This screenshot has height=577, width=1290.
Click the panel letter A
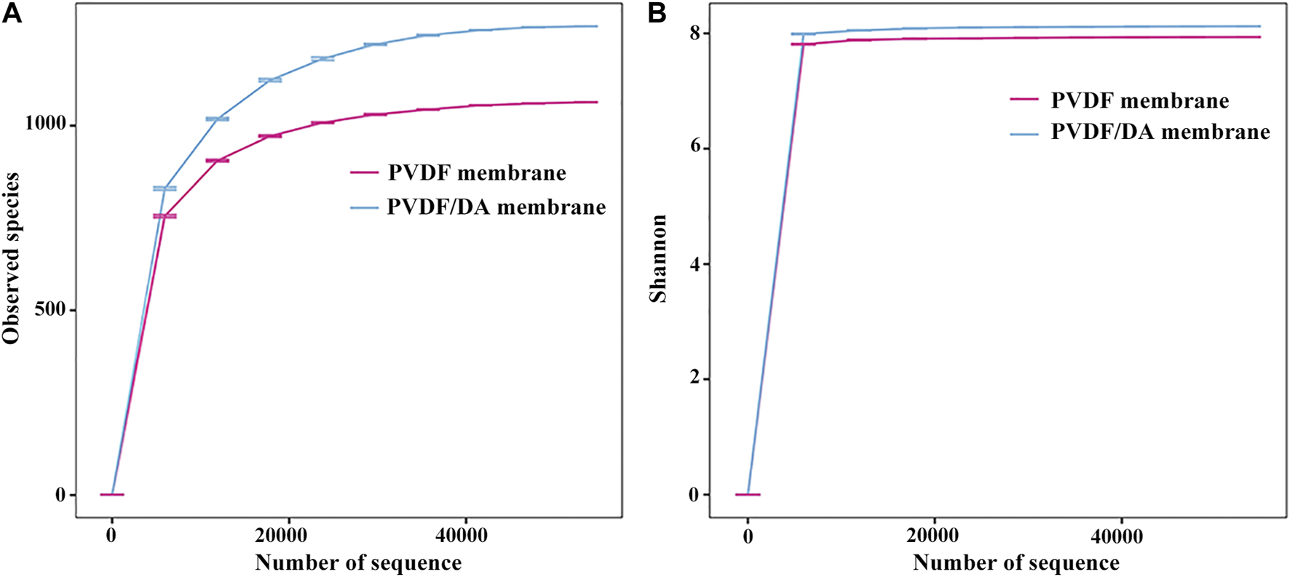pyautogui.click(x=12, y=13)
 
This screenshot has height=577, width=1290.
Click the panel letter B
pyautogui.click(x=657, y=13)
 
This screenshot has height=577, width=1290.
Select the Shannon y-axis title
pyautogui.click(x=658, y=258)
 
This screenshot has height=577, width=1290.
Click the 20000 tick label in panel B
pyautogui.click(x=934, y=536)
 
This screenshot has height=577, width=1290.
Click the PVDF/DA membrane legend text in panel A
pyautogui.click(x=496, y=207)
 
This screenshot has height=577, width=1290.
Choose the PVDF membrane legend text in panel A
pyautogui.click(x=477, y=173)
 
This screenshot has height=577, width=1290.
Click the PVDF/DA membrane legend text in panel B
pyautogui.click(x=1160, y=132)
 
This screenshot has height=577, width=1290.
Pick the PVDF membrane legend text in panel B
pyautogui.click(x=1139, y=100)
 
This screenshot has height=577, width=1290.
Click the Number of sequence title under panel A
pyautogui.click(x=358, y=562)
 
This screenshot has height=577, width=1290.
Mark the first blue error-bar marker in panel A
pyautogui.click(x=165, y=188)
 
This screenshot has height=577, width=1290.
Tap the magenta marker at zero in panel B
pyautogui.click(x=748, y=495)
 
